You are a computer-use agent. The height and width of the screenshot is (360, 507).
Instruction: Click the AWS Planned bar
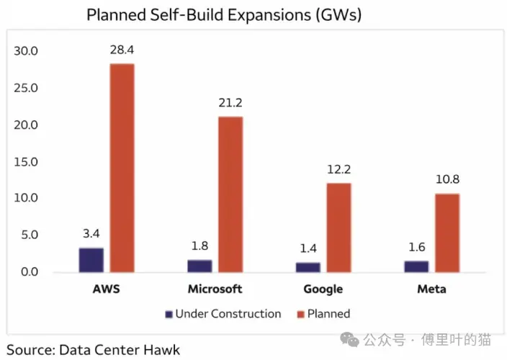coord(122,168)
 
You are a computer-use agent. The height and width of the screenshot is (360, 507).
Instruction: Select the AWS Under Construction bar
coord(91,260)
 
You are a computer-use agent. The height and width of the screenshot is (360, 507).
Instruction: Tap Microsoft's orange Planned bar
coord(230,194)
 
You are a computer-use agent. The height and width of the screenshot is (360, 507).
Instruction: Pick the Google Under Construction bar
coord(308,267)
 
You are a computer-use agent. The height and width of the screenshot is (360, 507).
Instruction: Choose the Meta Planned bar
coord(447,233)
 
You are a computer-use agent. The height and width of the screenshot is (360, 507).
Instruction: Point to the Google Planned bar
coord(338,228)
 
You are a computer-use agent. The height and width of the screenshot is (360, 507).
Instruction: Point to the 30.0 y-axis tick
coord(26,52)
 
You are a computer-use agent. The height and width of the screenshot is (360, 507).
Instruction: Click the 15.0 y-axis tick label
coord(26,162)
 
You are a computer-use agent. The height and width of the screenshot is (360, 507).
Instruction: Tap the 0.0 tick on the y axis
coord(29,272)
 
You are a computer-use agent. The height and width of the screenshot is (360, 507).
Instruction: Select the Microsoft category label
coord(215,289)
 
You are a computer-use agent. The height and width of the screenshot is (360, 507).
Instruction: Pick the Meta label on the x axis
coord(431,289)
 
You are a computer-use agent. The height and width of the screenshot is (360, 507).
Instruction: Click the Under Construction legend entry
coord(223,314)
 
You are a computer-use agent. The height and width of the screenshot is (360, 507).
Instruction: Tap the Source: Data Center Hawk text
coord(93,350)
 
